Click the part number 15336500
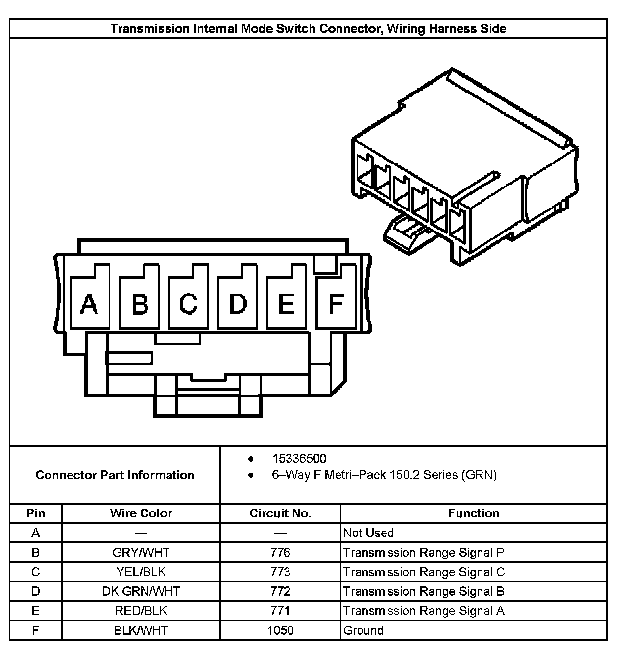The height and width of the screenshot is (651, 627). pos(299,459)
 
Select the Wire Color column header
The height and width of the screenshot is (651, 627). pos(141,513)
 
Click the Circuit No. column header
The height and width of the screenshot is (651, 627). pos(280,513)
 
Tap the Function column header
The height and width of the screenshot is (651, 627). pos(473,513)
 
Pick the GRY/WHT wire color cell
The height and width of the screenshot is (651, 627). pos(141,553)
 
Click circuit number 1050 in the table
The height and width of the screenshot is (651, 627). pos(280,630)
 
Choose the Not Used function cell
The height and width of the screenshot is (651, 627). pos(368,533)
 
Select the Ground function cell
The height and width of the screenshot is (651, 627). pos(363,630)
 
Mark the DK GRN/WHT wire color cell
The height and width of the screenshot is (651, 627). pos(141,591)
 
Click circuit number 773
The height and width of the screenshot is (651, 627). pos(280,572)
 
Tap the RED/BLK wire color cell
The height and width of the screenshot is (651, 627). pos(141,611)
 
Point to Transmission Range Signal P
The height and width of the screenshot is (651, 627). pos(424,553)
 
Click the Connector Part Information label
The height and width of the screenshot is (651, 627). pos(115,475)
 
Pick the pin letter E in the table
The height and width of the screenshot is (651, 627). pos(36,611)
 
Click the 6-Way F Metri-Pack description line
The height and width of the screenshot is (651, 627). pos(384,475)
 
